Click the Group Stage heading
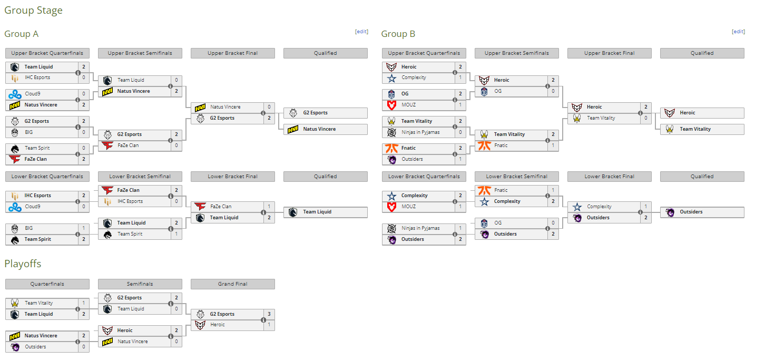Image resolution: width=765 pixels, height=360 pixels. point(34,11)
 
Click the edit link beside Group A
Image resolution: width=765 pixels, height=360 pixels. point(361,32)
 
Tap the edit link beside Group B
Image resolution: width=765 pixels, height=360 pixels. point(738,32)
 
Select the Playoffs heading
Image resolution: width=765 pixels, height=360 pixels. point(23,264)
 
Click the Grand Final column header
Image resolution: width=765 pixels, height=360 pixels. point(232,284)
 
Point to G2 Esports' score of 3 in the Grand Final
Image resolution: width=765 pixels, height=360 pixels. point(269,314)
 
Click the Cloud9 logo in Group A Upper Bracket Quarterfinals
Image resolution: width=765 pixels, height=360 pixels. point(15,94)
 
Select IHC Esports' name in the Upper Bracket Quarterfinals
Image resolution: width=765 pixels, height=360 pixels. point(37,77)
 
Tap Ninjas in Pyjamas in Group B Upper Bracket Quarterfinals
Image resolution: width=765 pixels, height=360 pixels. point(420,132)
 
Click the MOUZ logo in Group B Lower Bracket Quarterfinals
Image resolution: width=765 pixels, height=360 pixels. point(392,207)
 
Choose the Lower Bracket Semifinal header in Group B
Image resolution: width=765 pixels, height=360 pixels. point(517,176)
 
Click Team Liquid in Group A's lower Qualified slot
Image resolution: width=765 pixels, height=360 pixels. point(317,212)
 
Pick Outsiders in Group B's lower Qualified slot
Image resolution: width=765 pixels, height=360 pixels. point(691,212)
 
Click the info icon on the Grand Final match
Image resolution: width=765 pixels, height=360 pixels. point(263,320)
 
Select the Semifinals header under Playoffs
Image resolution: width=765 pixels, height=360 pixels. point(140,284)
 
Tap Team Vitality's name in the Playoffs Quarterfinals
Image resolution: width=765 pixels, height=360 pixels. point(38,303)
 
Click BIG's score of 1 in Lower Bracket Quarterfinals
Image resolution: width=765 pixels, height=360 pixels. point(84,228)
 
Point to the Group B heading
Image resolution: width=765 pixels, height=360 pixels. point(398,34)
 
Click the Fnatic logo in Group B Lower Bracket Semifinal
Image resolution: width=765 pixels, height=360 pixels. point(484,190)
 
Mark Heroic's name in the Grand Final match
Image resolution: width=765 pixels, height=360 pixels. point(218,325)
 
